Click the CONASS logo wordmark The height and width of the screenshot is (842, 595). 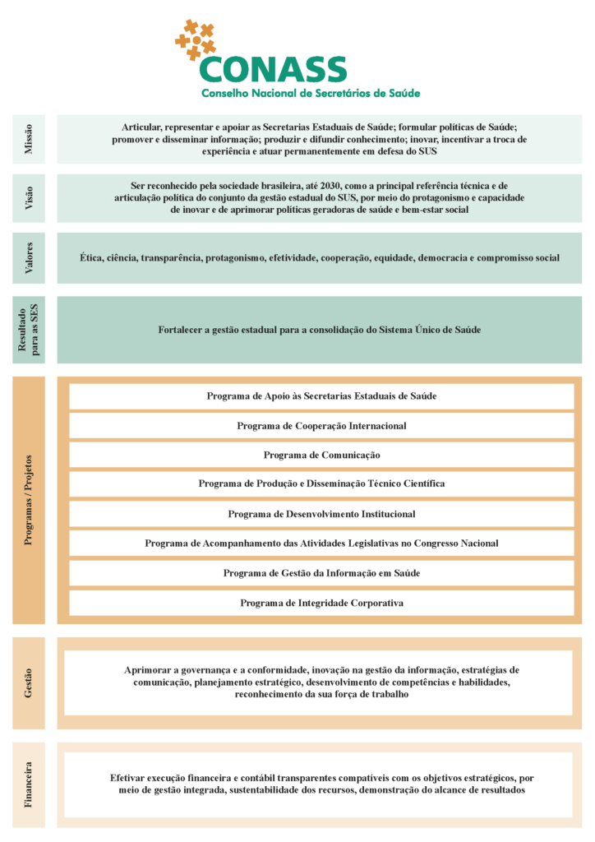click(273, 68)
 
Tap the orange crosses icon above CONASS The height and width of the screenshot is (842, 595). click(196, 39)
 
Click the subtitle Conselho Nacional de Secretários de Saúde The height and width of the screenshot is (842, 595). click(311, 93)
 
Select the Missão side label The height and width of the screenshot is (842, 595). click(29, 139)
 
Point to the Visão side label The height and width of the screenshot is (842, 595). click(29, 198)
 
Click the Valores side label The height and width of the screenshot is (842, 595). click(29, 258)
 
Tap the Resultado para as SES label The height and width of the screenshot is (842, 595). click(29, 330)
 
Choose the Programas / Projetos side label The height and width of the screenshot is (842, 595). click(29, 500)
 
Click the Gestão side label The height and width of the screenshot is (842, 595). click(29, 683)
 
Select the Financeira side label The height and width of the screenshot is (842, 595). click(29, 784)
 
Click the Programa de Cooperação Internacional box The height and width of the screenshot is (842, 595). click(321, 426)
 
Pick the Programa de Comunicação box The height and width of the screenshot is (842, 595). click(321, 455)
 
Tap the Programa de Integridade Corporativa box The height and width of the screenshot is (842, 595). click(321, 603)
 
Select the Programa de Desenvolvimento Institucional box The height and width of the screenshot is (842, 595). click(321, 514)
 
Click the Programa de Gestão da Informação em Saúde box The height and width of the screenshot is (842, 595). click(321, 573)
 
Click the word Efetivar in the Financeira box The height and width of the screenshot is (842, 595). click(130, 777)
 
